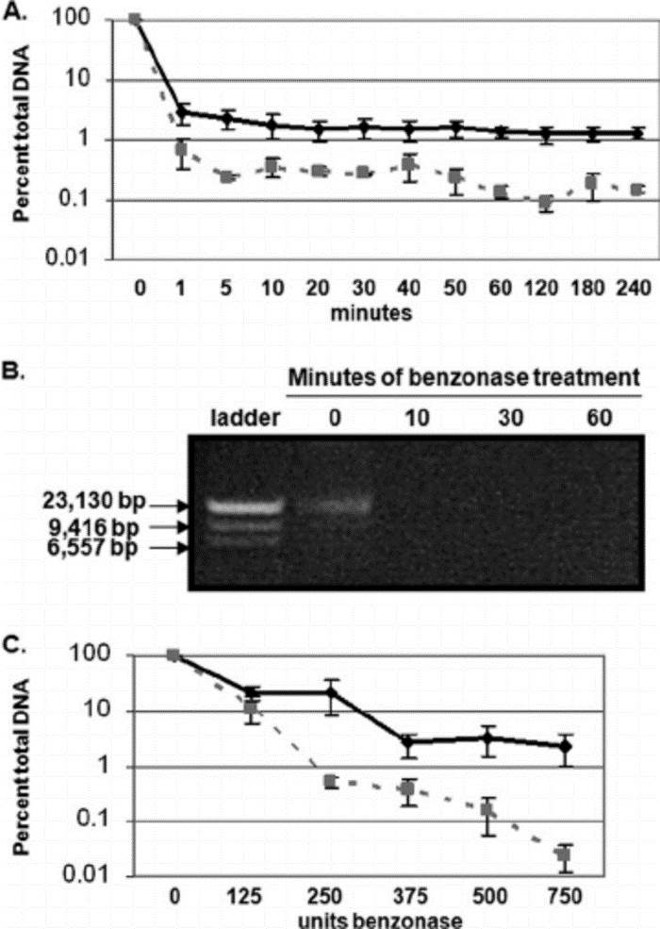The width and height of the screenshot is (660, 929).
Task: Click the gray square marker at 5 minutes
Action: coord(226,176)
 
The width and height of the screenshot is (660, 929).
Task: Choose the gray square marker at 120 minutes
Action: coord(546,203)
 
